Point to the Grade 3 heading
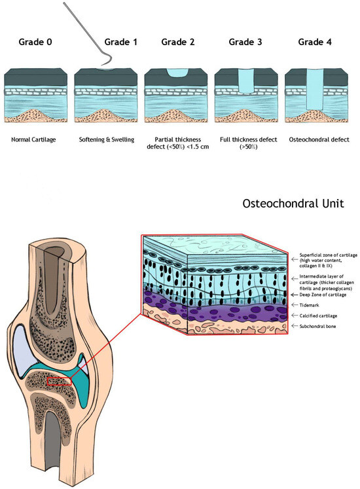[245, 43]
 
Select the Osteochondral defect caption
[316, 139]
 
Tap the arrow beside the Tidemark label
[295, 305]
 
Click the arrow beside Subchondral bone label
[295, 325]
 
